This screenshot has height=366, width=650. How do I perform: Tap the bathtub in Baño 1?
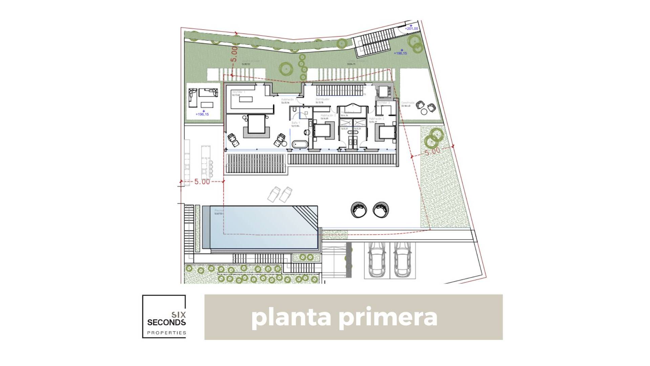coord(300,145)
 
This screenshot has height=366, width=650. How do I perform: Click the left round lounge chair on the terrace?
coord(359,210)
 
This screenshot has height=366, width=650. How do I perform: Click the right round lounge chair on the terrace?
coord(381,210)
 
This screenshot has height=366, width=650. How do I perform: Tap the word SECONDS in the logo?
coord(166,322)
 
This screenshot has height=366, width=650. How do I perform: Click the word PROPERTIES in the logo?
coord(166,333)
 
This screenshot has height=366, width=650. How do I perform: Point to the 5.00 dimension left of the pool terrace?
coord(202,182)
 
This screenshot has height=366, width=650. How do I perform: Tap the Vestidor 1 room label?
coord(239,92)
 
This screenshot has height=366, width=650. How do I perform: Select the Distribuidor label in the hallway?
coord(322,99)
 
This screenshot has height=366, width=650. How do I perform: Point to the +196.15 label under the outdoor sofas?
coord(202,114)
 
